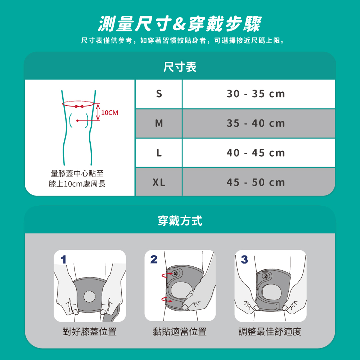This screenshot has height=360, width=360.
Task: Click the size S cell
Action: (159, 94)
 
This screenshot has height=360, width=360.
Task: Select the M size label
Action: (159, 123)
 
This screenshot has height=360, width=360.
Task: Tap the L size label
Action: (159, 153)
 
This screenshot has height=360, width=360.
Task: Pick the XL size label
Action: (159, 183)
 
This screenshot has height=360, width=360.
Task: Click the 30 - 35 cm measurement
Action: (256, 94)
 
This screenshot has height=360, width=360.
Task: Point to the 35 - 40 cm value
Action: (256, 123)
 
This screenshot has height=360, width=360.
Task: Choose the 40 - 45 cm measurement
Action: (256, 153)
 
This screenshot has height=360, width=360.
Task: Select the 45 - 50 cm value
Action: (256, 183)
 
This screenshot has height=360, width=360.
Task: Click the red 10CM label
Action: (110, 113)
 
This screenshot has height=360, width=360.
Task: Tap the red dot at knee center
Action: (78, 121)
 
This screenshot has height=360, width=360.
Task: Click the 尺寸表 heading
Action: (180, 67)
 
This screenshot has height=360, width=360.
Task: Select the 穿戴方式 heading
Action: (180, 221)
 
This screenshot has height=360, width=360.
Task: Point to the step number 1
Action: (63, 260)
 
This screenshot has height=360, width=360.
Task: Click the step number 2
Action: (154, 260)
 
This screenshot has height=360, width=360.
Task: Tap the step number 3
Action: (245, 260)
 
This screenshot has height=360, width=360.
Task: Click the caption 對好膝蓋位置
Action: (90, 332)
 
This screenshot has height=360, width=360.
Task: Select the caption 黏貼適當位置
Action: (180, 332)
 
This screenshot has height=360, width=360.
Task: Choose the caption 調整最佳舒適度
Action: (270, 332)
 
